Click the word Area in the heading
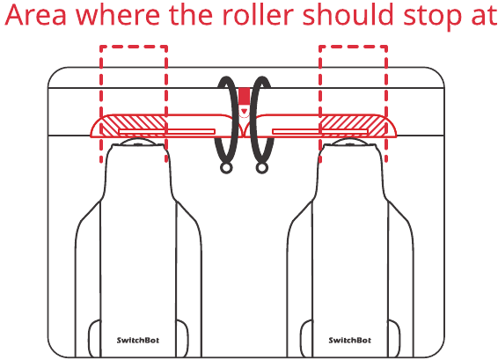pyautogui.click(x=36, y=15)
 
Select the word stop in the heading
pyautogui.click(x=432, y=17)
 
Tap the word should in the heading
pyautogui.click(x=348, y=14)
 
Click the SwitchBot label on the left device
pyautogui.click(x=138, y=340)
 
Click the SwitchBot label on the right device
pyautogui.click(x=349, y=340)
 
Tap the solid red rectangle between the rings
pyautogui.click(x=244, y=96)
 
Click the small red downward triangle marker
pyautogui.click(x=244, y=111)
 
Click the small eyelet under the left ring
pyautogui.click(x=226, y=168)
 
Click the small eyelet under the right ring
pyautogui.click(x=262, y=168)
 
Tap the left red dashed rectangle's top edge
pyautogui.click(x=134, y=47)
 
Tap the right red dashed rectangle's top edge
pyautogui.click(x=353, y=47)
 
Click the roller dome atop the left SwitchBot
pyautogui.click(x=138, y=143)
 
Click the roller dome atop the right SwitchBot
pyautogui.click(x=349, y=143)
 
